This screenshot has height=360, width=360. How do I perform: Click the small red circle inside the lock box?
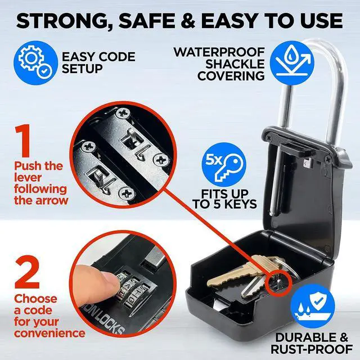pos(279,278)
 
